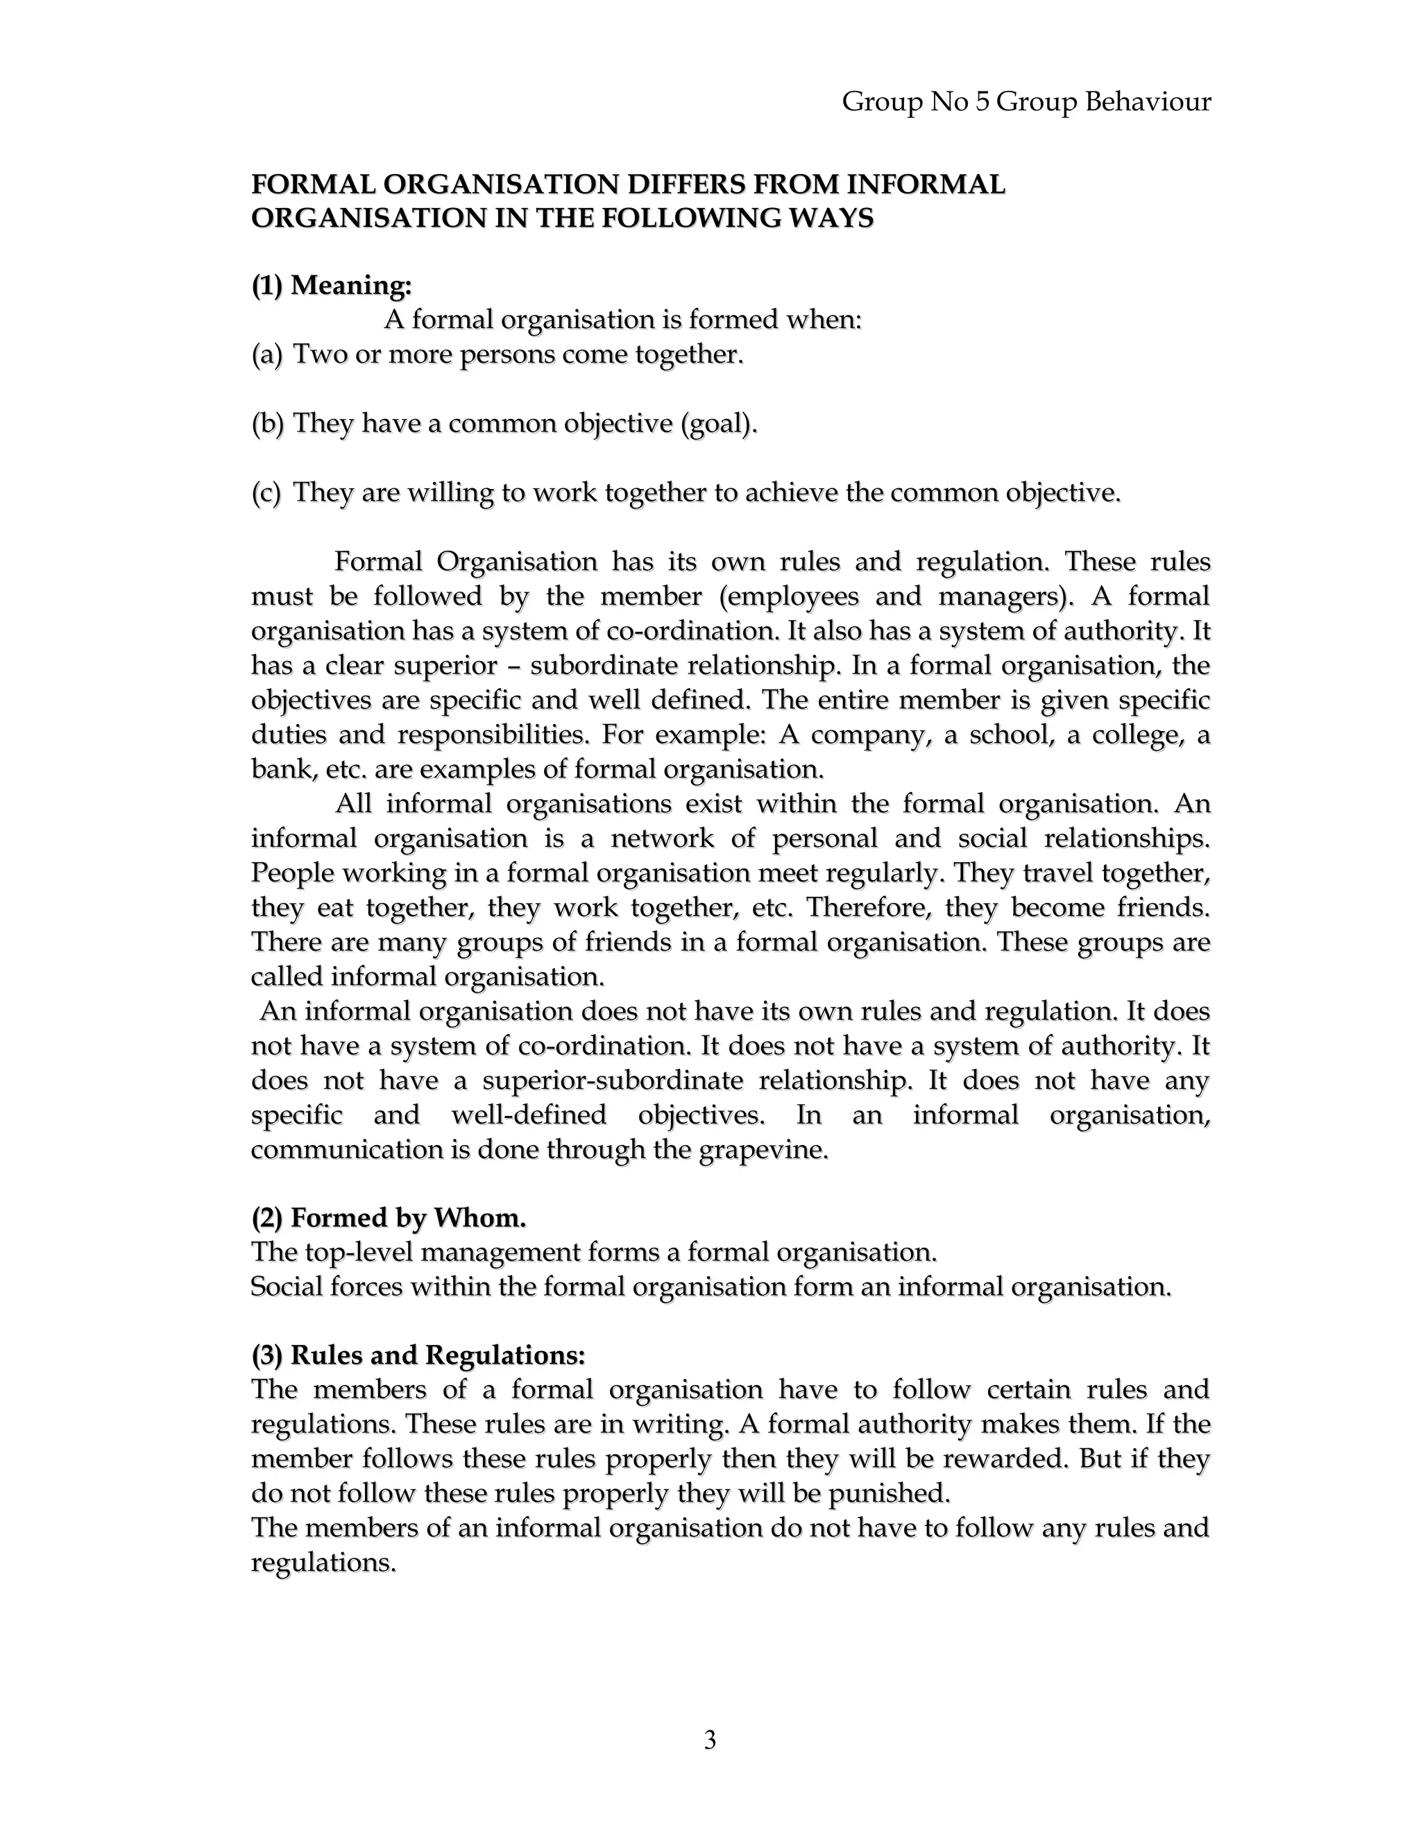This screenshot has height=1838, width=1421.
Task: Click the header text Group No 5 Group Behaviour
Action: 1026,102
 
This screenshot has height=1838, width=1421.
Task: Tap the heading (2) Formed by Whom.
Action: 389,1218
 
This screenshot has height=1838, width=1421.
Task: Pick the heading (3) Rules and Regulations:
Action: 418,1355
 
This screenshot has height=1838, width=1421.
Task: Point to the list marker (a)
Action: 268,354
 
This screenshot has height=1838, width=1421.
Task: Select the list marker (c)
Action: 267,492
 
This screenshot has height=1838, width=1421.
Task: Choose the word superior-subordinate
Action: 613,1080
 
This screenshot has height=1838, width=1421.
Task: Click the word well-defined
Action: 529,1115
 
